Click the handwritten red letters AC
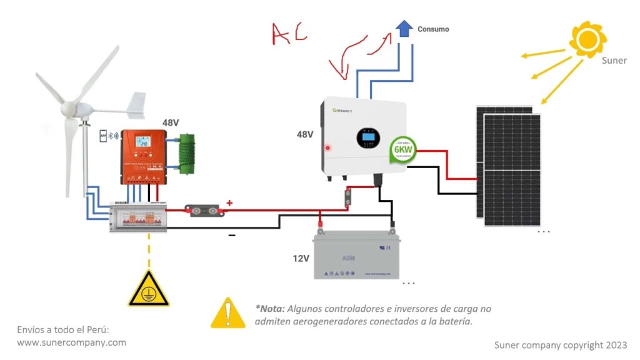click(289, 34)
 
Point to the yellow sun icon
click(587, 39)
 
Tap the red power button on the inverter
click(327, 149)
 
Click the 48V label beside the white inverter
click(304, 134)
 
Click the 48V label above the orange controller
click(171, 122)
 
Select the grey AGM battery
click(356, 255)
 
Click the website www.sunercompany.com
click(71, 342)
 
